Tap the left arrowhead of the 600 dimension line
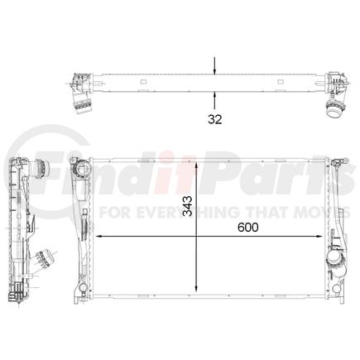click(x=100, y=238)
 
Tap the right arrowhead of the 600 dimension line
click(x=325, y=238)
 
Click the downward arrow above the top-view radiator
click(x=215, y=70)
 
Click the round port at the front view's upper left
click(x=82, y=171)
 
